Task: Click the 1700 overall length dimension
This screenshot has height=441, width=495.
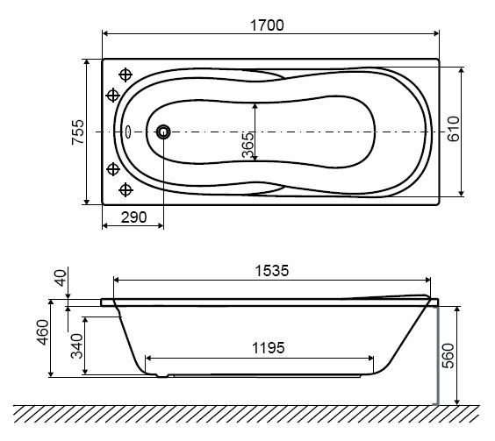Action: [x=267, y=25]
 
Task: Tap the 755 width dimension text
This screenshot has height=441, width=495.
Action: [x=78, y=132]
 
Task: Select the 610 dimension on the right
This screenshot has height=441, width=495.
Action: [x=454, y=129]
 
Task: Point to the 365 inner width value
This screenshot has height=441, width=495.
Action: [x=247, y=146]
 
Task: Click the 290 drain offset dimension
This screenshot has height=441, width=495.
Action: [x=134, y=217]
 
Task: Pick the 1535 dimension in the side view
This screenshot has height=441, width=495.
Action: [x=272, y=271]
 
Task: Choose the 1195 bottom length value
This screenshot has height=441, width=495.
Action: [x=269, y=348]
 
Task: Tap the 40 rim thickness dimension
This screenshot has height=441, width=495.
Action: [x=61, y=278]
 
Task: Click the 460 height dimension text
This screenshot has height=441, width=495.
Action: [x=43, y=332]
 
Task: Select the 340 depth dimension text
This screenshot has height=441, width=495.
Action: [x=76, y=346]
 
